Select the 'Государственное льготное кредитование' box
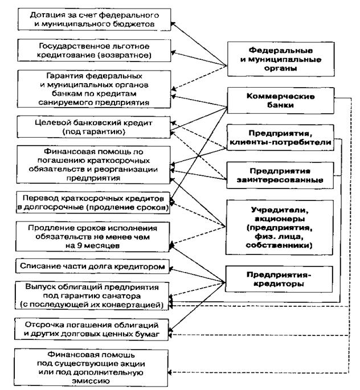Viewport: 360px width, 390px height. coord(94,51)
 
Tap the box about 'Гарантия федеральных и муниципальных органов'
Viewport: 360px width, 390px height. coord(94,88)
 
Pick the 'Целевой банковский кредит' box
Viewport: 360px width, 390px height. coord(94,127)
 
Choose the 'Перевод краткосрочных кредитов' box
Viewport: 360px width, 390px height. coord(94,202)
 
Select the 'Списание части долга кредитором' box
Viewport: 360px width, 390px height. coord(94,266)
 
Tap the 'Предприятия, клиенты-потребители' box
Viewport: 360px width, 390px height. coord(283,137)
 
